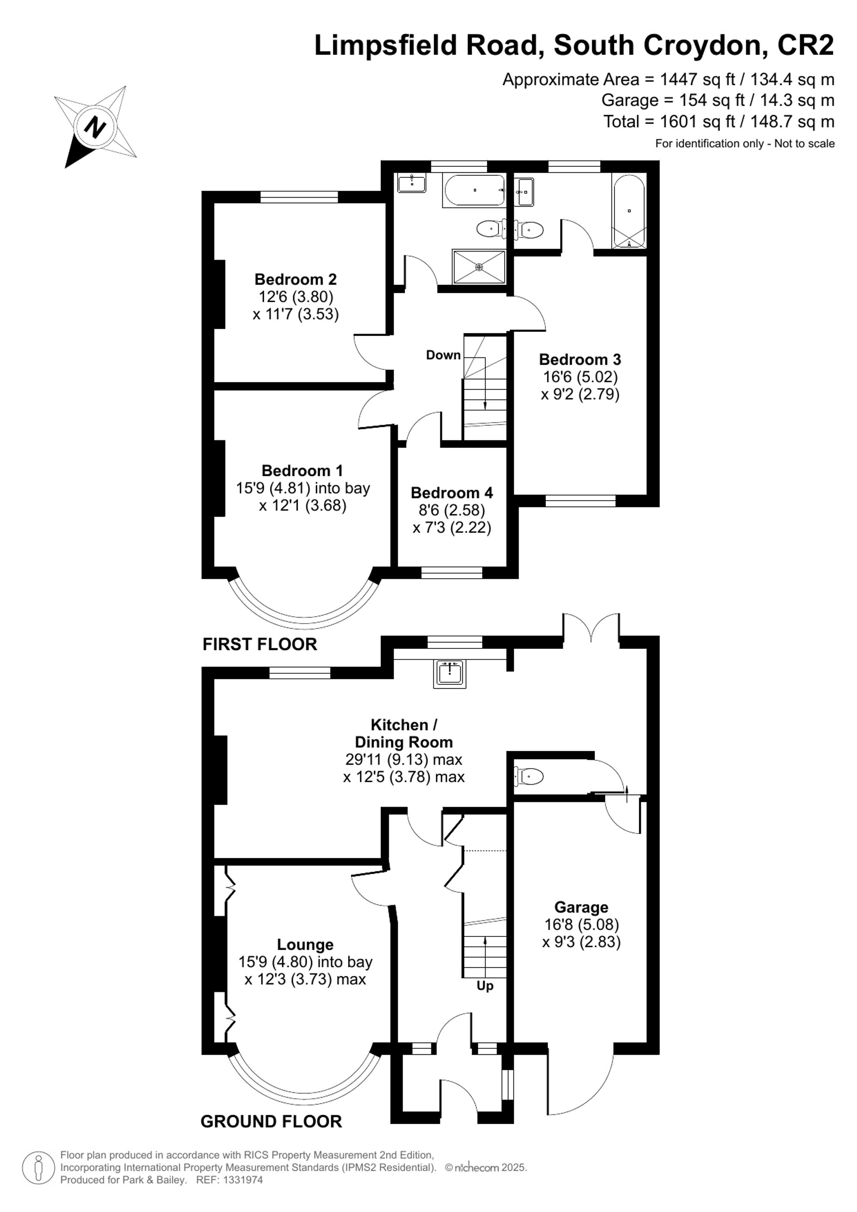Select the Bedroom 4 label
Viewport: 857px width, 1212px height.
pos(452,492)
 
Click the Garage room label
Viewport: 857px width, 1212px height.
pos(581,907)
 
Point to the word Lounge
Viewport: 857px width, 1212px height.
pos(305,945)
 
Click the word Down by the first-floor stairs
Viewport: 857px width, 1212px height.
pos(443,355)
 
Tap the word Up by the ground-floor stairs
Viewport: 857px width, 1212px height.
pos(485,986)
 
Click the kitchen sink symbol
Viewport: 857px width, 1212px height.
pos(449,674)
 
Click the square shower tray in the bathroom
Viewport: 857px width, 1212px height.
pos(479,267)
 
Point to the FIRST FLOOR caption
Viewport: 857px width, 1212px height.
pos(260,644)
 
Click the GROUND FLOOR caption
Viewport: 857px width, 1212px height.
pos(271,1121)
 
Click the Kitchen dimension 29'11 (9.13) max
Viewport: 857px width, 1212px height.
pos(404,759)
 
